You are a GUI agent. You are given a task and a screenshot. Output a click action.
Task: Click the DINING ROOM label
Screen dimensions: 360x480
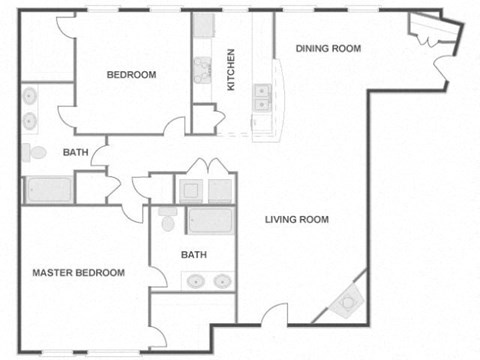click(328, 48)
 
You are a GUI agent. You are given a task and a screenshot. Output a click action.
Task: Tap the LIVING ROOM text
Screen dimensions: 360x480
click(297, 220)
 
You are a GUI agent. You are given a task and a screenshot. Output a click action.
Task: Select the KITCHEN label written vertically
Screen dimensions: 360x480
click(231, 70)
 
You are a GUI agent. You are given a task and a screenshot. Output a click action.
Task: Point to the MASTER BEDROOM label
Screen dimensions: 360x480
click(78, 272)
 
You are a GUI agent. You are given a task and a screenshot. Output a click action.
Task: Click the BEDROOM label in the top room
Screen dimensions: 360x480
click(131, 75)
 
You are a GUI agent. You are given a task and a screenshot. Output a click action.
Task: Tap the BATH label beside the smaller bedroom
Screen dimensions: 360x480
click(75, 153)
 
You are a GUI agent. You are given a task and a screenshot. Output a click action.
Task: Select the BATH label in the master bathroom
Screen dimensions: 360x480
click(194, 255)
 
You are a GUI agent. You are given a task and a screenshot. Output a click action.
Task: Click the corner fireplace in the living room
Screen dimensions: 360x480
click(349, 299)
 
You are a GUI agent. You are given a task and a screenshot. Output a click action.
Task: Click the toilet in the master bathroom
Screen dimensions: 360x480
click(167, 217)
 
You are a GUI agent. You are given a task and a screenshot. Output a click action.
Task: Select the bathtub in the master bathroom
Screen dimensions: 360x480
click(210, 221)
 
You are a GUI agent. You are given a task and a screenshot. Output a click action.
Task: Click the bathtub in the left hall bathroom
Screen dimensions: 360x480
click(48, 189)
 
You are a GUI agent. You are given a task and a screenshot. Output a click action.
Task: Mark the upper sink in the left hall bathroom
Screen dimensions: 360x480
click(30, 98)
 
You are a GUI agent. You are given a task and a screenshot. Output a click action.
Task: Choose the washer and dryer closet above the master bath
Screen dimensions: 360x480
click(205, 188)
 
